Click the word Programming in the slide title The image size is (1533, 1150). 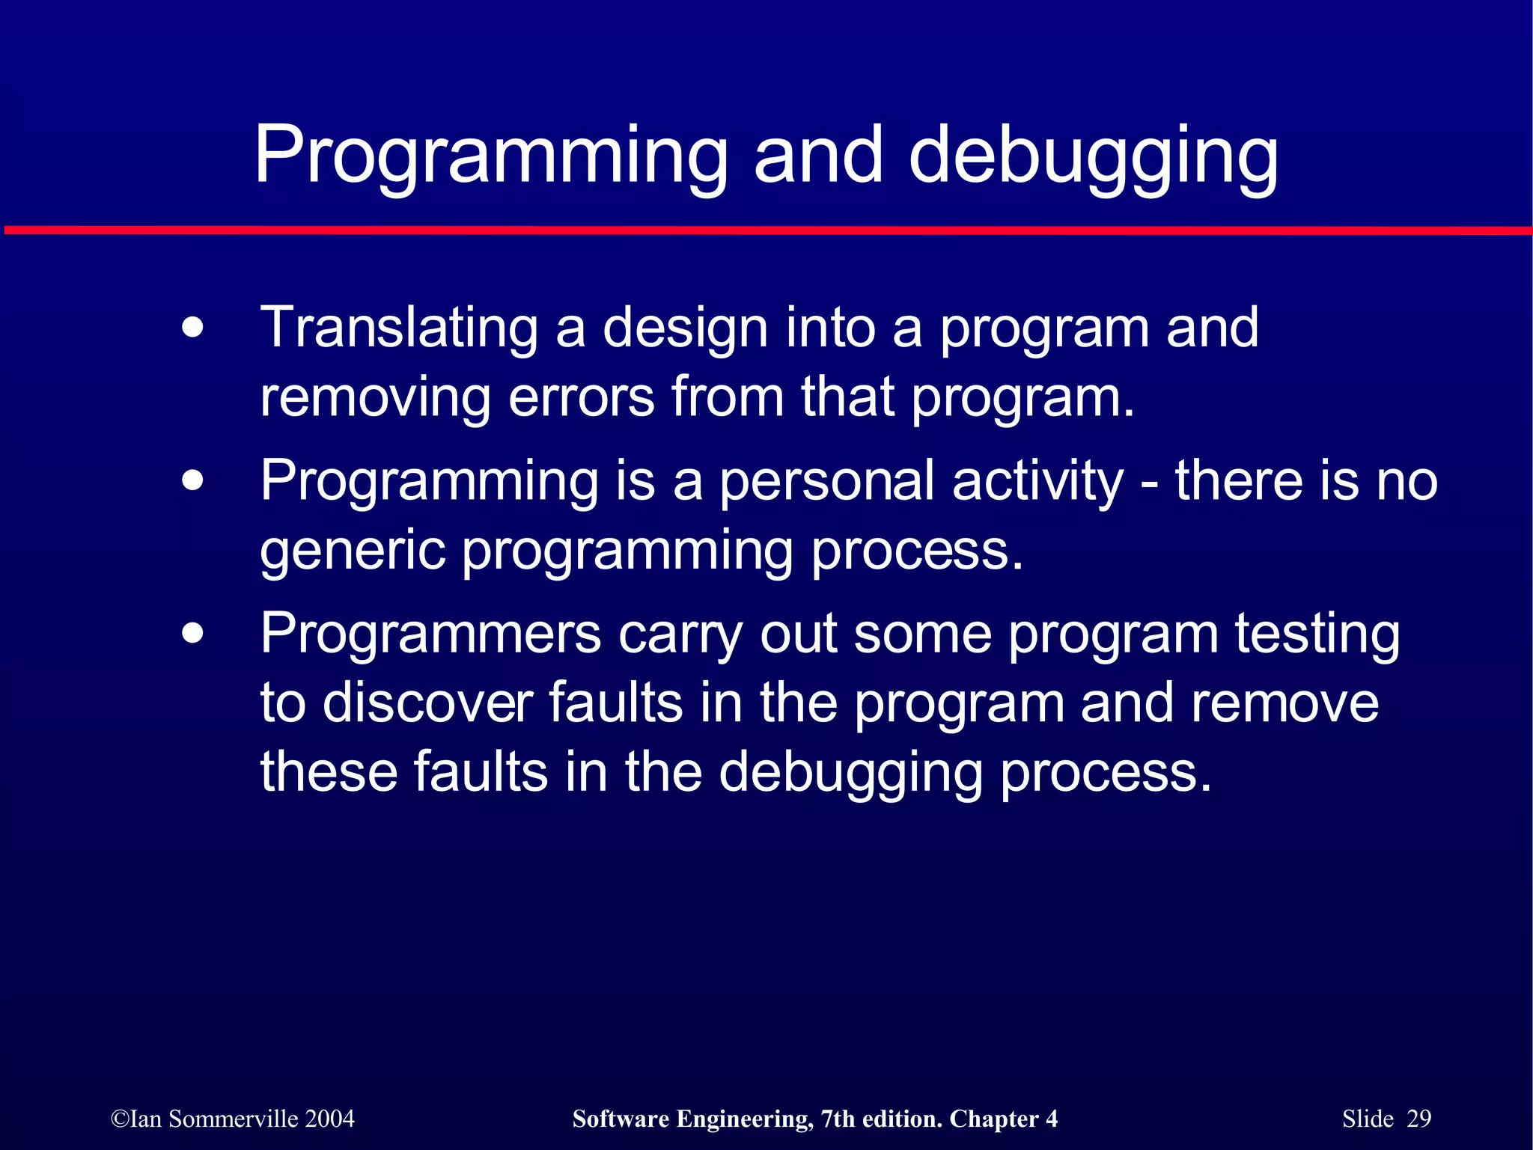tap(490, 157)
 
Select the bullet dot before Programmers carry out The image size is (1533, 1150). tap(192, 634)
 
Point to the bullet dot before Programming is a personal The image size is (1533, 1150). tap(192, 480)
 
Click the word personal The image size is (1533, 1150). tap(826, 480)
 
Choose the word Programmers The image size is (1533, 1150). tap(430, 634)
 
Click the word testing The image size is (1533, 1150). tap(1317, 634)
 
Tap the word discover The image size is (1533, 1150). tap(427, 703)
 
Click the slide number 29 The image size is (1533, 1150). tap(1418, 1119)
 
